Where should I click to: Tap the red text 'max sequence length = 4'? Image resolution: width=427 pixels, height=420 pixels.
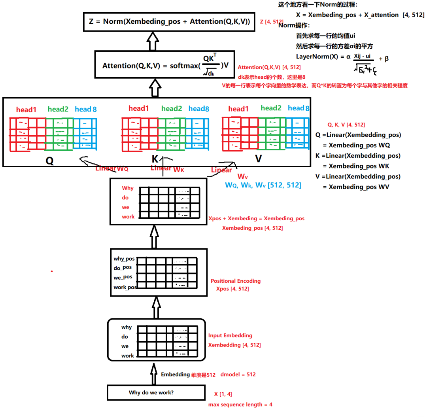[240, 405]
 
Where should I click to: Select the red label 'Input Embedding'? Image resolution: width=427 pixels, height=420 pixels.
[230, 335]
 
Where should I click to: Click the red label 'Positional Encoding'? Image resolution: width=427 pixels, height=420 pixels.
[235, 281]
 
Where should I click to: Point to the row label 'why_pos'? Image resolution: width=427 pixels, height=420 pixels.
[124, 259]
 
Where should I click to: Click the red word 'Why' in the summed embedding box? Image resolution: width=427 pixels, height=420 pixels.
[128, 188]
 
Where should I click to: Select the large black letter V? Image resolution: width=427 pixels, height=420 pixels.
[258, 159]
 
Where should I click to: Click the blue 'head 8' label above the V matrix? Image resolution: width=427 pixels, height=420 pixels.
[299, 108]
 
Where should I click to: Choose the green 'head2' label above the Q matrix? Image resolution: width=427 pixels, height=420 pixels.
[58, 109]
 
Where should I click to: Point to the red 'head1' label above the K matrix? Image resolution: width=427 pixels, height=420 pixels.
[138, 108]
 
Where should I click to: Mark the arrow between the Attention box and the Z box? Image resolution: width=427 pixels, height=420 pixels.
[153, 40]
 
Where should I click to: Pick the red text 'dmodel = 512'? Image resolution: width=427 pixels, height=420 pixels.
[238, 374]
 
